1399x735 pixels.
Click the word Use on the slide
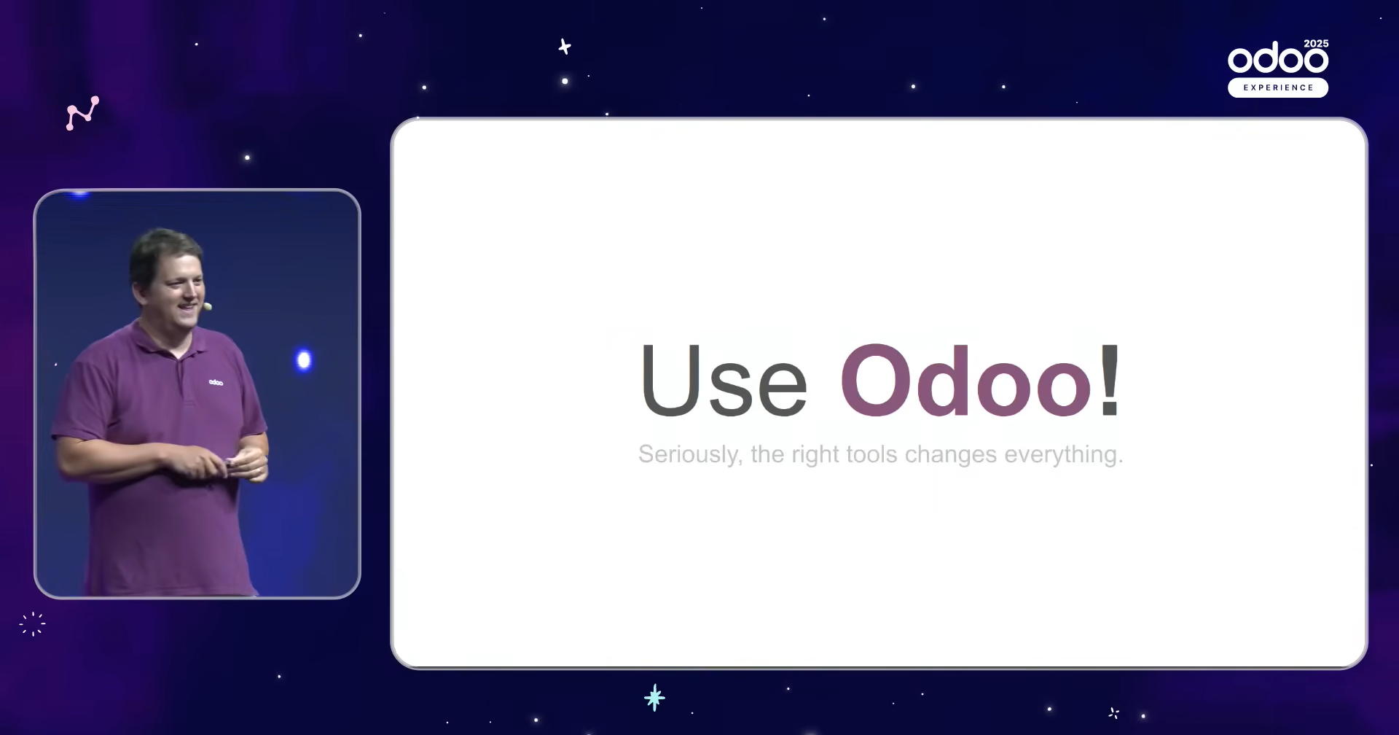724,380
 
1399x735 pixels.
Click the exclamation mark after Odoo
1110,380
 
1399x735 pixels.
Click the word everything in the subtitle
1063,455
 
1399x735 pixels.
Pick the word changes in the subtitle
950,455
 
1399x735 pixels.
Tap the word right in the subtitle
811,455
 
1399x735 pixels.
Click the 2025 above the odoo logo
1316,44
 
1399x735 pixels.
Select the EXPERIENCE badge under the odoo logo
1278,87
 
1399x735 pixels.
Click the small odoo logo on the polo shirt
216,382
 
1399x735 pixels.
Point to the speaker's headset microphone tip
208,307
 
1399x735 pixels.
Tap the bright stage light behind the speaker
304,360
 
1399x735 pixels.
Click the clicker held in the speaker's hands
230,462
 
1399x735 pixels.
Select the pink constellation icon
82,113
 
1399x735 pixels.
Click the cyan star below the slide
654,698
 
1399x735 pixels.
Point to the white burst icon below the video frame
32,624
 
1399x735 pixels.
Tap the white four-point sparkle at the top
564,47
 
